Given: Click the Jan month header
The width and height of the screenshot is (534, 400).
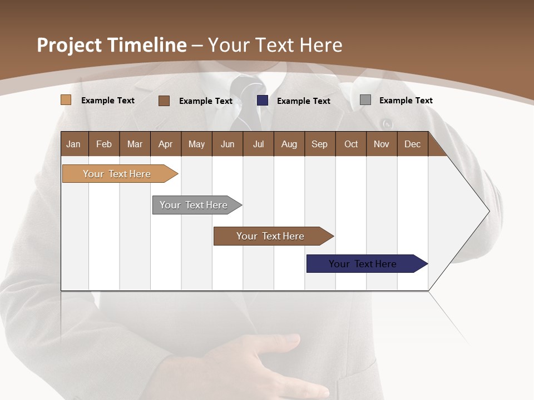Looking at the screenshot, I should pyautogui.click(x=74, y=144).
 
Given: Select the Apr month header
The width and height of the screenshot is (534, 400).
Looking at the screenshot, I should pyautogui.click(x=166, y=144).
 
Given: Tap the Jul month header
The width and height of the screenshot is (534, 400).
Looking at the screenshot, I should pyautogui.click(x=258, y=144).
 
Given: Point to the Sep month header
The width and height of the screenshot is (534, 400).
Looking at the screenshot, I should pyautogui.click(x=319, y=144).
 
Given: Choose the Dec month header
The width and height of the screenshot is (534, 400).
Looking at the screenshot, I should pyautogui.click(x=412, y=144).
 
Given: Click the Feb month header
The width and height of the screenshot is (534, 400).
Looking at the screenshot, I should pyautogui.click(x=104, y=144).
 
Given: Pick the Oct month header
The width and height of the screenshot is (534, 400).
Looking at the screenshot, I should pyautogui.click(x=351, y=144).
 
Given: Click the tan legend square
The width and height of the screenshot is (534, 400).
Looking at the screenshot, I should pyautogui.click(x=66, y=100).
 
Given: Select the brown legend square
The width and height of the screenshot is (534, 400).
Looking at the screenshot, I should pyautogui.click(x=164, y=101).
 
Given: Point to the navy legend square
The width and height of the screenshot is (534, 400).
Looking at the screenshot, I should pyautogui.click(x=263, y=101).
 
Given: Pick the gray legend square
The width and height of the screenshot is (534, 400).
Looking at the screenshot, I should pyautogui.click(x=365, y=100).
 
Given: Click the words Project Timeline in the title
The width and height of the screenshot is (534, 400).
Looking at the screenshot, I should pyautogui.click(x=112, y=45).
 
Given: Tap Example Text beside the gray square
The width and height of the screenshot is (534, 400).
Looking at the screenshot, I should pyautogui.click(x=406, y=100).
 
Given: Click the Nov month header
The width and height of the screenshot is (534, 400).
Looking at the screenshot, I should pyautogui.click(x=382, y=144).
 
